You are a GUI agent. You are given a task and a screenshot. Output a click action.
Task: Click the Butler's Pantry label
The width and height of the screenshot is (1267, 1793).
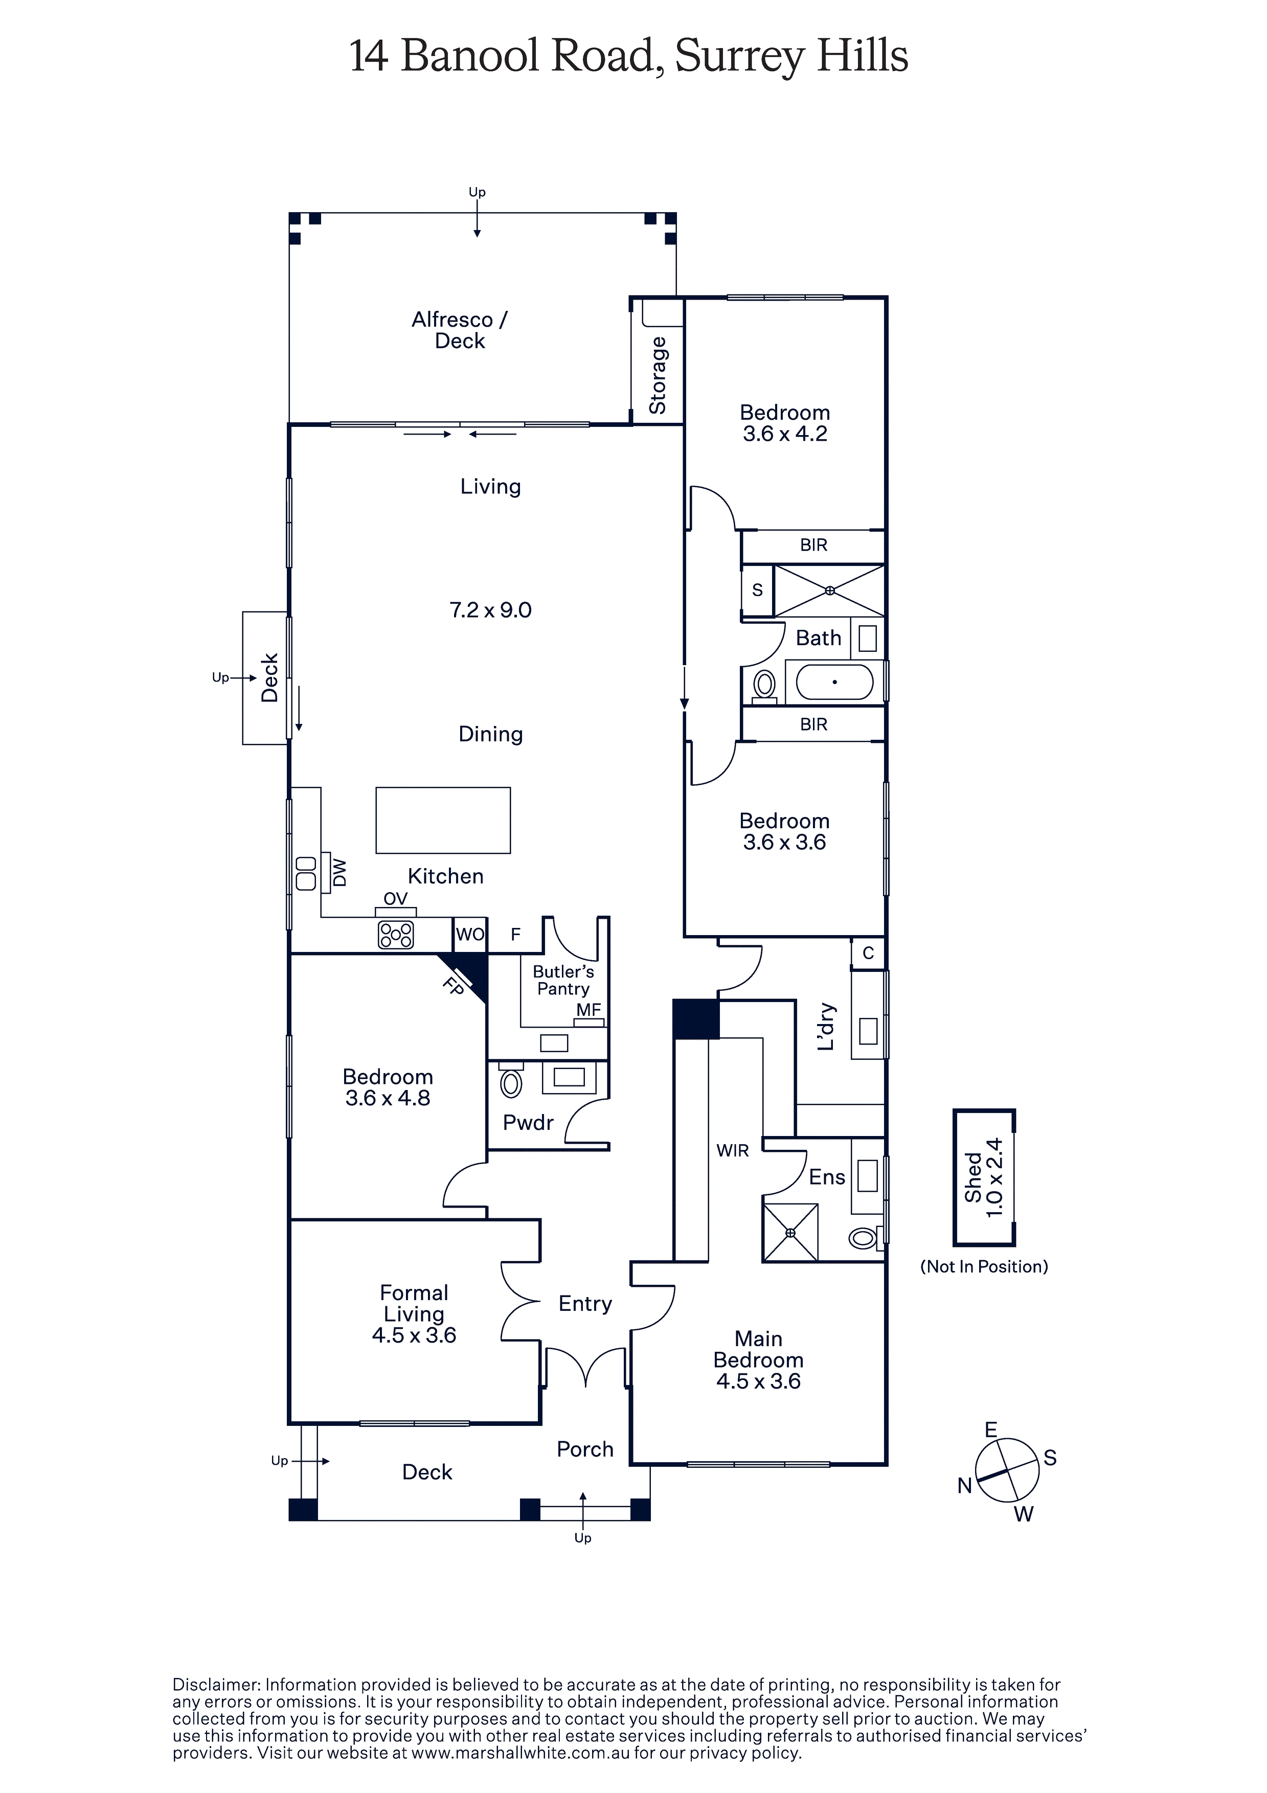[x=563, y=980]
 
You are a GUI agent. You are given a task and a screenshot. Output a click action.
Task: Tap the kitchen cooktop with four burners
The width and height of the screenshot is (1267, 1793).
[x=396, y=934]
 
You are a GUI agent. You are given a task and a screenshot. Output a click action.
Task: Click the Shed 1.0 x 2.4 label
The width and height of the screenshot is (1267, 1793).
[x=983, y=1177]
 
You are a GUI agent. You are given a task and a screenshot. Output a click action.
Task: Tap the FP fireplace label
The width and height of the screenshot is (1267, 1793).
[x=453, y=986]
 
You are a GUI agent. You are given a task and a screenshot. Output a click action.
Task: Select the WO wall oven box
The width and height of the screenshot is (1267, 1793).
[x=470, y=935]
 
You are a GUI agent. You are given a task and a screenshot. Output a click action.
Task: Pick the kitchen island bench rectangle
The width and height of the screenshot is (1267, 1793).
[x=443, y=820]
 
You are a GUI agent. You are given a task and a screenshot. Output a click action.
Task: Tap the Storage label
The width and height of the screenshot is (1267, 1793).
[x=658, y=375]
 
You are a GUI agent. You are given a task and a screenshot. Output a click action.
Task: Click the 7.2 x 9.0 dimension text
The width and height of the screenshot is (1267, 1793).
[x=490, y=610]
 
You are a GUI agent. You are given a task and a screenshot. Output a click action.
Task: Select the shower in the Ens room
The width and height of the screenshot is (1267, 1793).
[x=790, y=1232]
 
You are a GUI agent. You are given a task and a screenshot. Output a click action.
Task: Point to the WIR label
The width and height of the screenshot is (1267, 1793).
[x=733, y=1150]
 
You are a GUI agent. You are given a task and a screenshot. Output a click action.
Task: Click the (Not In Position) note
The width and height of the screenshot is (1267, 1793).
[x=984, y=1267]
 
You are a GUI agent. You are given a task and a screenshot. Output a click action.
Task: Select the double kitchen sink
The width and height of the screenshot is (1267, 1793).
[x=306, y=873]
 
